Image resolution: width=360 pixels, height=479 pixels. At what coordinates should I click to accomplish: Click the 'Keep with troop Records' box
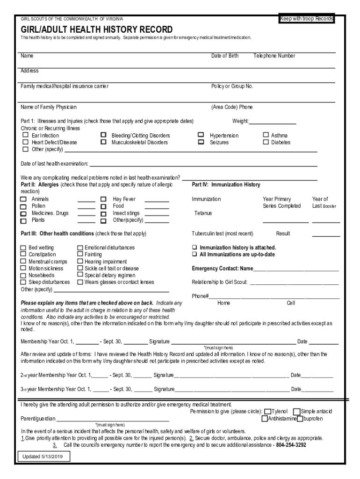tap(307, 19)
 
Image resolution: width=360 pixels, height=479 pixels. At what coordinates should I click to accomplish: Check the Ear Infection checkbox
tap(26, 136)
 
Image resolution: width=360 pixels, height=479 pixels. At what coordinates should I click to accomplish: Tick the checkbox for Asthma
tap(266, 136)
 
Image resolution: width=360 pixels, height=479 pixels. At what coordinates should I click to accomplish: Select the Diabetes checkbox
tap(266, 142)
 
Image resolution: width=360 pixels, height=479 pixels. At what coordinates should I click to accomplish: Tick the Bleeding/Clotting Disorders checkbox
tap(104, 136)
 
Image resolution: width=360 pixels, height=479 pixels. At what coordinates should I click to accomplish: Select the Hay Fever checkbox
tap(104, 199)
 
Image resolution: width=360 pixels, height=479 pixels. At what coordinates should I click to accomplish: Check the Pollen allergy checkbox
tap(23, 206)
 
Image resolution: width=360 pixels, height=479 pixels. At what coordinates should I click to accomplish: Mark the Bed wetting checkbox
tap(23, 247)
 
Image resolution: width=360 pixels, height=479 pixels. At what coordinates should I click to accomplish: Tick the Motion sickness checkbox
tap(23, 269)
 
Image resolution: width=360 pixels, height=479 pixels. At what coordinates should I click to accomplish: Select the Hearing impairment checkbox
tap(80, 261)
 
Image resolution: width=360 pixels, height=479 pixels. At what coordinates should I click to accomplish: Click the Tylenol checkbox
tap(268, 412)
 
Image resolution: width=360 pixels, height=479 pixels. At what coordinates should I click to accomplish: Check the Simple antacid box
tap(296, 412)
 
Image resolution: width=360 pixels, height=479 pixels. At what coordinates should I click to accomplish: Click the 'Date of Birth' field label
tap(224, 56)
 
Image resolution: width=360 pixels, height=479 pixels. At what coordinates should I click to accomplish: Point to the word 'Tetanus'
tap(203, 213)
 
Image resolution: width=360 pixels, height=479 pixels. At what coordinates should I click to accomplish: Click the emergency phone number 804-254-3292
tap(291, 445)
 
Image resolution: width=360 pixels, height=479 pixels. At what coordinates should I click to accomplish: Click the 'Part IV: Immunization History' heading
tap(226, 185)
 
